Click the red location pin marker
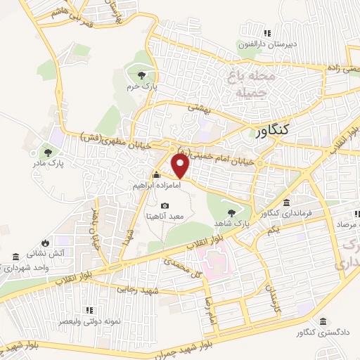pyautogui.click(x=181, y=166)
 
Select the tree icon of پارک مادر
pyautogui.click(x=48, y=151)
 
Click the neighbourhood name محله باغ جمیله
pyautogui.click(x=243, y=82)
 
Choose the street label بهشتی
pyautogui.click(x=200, y=108)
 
